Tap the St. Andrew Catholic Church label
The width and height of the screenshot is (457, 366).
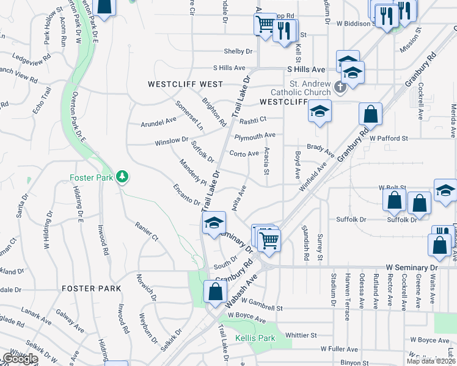coord(310,88)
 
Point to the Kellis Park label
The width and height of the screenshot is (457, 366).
coord(255,338)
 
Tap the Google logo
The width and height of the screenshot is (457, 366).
coord(20,359)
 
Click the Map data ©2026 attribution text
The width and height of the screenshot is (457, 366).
coord(431,361)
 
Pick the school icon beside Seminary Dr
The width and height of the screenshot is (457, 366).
coord(213,224)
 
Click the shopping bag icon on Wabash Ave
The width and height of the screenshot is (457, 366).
coord(215,291)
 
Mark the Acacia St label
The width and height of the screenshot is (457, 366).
coord(266,163)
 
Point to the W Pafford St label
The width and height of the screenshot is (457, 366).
coord(387,138)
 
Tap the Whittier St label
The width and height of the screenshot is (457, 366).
coord(305,334)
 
